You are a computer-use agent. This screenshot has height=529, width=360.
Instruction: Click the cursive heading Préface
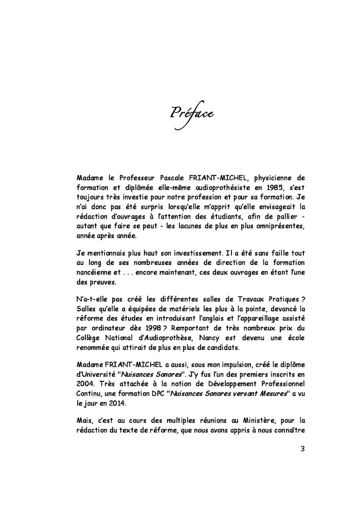pyautogui.click(x=192, y=112)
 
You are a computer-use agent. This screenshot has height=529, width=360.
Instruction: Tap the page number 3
pyautogui.click(x=302, y=448)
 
